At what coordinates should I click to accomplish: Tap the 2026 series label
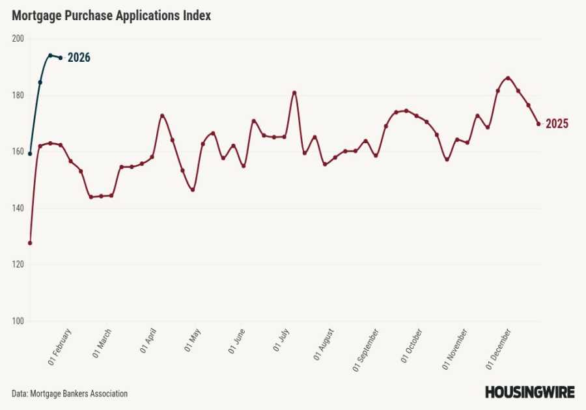tap(79, 58)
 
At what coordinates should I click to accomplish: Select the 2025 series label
tap(557, 124)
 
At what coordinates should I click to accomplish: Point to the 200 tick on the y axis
tap(18, 38)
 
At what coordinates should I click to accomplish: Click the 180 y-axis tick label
tap(18, 95)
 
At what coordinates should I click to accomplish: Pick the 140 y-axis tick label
tap(18, 208)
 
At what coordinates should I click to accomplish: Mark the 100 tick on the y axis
tap(18, 321)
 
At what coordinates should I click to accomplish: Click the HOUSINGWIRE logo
tap(529, 392)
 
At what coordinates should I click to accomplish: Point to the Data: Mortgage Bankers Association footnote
tap(70, 394)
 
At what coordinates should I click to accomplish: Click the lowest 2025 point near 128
tap(30, 243)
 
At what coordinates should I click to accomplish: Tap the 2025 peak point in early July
tap(294, 92)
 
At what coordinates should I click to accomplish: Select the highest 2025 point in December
tap(508, 78)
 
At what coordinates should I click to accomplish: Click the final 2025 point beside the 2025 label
tap(538, 124)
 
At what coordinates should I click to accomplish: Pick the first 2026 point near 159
tap(30, 154)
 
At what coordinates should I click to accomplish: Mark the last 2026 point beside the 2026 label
tap(61, 58)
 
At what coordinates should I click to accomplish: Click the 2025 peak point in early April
tap(162, 116)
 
